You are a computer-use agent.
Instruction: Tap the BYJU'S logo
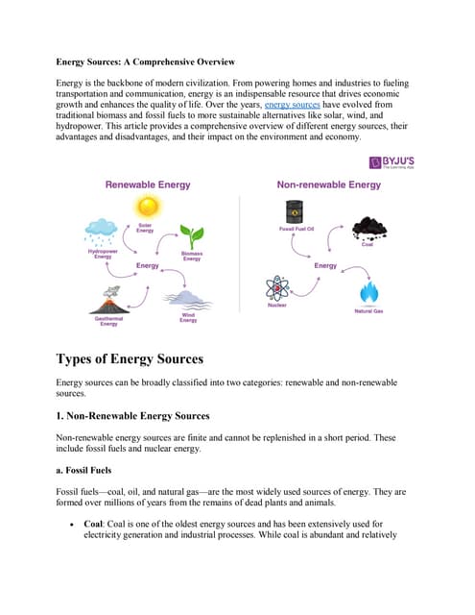(392, 166)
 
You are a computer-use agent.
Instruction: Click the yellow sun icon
(146, 207)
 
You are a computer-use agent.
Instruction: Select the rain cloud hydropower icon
(100, 231)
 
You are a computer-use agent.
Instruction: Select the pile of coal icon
(368, 228)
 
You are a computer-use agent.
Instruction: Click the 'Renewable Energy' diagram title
(148, 184)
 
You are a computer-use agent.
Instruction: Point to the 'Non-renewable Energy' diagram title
(328, 184)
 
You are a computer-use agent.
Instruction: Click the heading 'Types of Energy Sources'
(131, 359)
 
